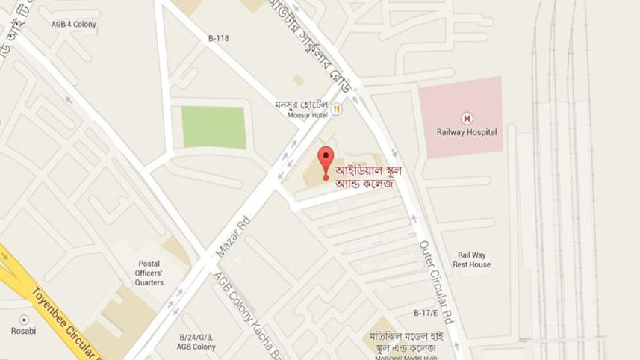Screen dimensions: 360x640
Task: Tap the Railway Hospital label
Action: pos(467,132)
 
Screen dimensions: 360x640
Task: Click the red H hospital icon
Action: pos(467,118)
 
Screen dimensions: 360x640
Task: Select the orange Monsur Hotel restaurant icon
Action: pos(337,109)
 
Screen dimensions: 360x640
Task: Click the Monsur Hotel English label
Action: pos(308,115)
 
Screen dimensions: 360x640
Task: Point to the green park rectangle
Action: pos(214,127)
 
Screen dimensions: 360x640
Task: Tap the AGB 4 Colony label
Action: pos(74,25)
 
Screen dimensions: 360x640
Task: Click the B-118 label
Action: pos(219,38)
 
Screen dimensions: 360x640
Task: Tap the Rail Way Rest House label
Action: pos(471,260)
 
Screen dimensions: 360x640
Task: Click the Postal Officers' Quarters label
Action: pos(149,273)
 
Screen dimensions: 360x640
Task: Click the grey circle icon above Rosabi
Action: pos(24,320)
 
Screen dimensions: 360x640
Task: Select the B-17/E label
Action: pos(426,312)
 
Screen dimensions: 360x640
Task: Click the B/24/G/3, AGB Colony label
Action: pos(196,342)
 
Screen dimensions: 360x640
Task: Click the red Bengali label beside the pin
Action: pos(368,177)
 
